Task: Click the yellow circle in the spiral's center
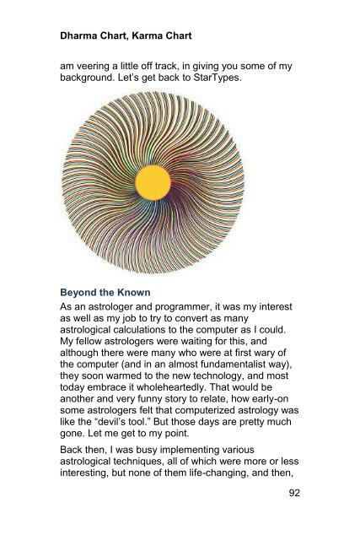coord(153,182)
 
